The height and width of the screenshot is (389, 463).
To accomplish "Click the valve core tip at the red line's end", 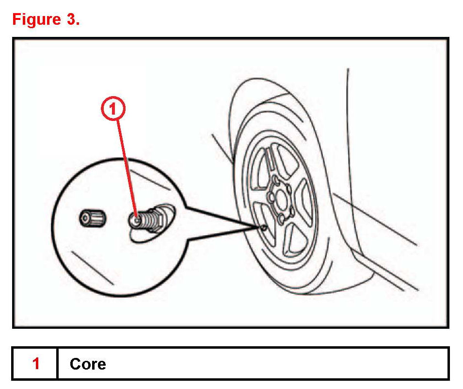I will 137,219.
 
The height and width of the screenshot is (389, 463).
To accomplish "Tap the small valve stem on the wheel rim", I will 262,227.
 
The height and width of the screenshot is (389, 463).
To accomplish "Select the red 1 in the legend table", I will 35,363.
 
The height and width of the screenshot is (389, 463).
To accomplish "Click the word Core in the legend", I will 87,364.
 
